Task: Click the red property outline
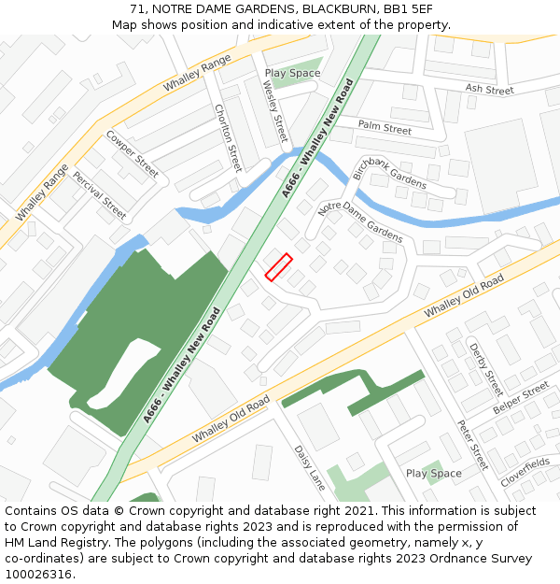click(278, 267)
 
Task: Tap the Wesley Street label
click(276, 108)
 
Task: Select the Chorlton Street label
click(229, 137)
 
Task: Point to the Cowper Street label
click(132, 153)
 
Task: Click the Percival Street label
click(100, 194)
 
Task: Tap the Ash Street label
click(489, 91)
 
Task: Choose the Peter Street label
click(472, 444)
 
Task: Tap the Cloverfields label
click(525, 469)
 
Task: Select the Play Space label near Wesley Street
click(292, 73)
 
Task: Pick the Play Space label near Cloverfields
click(433, 474)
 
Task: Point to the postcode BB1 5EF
click(409, 9)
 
